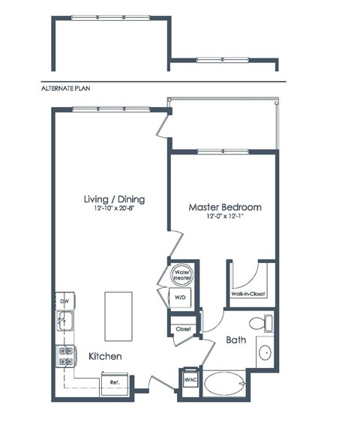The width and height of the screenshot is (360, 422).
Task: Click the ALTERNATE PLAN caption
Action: (x=68, y=88)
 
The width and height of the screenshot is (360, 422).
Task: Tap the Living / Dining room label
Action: (x=114, y=199)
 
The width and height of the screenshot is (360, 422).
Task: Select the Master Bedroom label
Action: (x=224, y=207)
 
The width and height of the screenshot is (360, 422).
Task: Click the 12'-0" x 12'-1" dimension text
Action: (x=224, y=217)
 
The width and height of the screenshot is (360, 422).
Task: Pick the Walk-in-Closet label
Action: (x=249, y=294)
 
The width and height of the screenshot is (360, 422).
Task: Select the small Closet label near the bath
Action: (x=183, y=329)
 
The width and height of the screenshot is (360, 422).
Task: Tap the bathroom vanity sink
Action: (x=265, y=353)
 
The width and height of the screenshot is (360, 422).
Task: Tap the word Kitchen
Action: (x=104, y=357)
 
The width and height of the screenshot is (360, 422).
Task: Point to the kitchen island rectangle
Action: (x=117, y=308)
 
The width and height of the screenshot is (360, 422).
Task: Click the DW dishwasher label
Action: (x=64, y=301)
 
